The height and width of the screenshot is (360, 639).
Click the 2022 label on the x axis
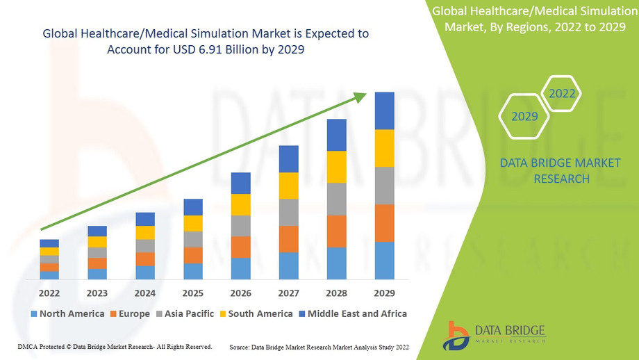point(49,293)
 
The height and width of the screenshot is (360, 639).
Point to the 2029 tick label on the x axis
point(384,293)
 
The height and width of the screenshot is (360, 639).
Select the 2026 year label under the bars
point(240,293)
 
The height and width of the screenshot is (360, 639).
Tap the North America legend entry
point(67,314)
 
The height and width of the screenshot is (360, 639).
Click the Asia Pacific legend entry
point(184,314)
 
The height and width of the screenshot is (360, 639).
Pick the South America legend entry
point(255,314)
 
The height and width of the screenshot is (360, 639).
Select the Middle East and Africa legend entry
point(352,314)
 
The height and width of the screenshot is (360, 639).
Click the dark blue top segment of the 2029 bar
point(384,111)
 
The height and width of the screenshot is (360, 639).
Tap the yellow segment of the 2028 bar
point(336,167)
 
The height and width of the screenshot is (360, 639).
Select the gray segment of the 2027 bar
point(288,212)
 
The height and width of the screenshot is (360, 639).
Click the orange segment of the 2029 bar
point(384,223)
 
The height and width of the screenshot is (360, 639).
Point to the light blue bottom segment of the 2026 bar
point(240,268)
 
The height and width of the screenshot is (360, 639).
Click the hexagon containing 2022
point(562,93)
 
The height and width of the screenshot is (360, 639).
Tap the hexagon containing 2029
point(524,116)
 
